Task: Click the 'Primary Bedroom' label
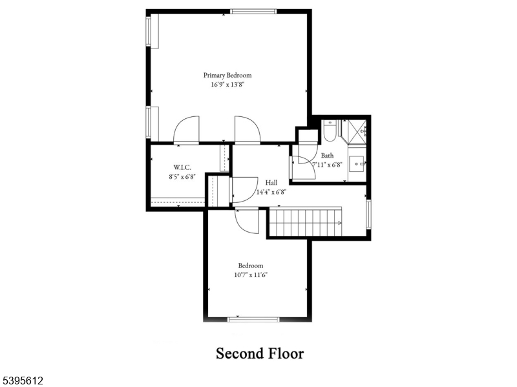click(x=227, y=76)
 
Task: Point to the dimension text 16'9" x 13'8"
click(x=227, y=85)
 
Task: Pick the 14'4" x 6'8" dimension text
click(x=271, y=191)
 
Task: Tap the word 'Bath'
click(x=328, y=156)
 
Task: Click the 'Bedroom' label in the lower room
click(x=251, y=266)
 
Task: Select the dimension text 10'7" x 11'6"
click(x=251, y=275)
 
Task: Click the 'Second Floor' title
click(x=259, y=353)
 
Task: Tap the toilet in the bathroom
click(x=329, y=131)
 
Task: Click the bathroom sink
click(x=357, y=163)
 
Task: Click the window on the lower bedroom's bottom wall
click(x=254, y=319)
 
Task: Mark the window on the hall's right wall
click(x=369, y=214)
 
